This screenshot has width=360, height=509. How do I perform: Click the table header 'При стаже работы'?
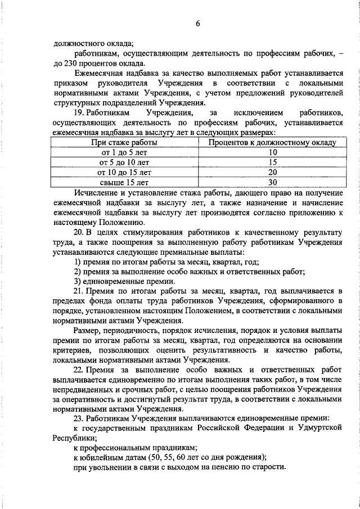point(124,143)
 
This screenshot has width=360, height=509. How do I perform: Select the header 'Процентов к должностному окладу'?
point(272,143)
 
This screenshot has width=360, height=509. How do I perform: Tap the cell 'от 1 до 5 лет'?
point(124,152)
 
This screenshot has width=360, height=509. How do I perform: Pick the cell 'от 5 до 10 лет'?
point(124,162)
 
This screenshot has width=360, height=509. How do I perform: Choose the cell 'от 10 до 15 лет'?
point(124,172)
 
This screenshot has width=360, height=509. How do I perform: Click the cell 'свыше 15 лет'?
point(124,182)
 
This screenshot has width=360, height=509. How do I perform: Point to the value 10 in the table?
point(273,152)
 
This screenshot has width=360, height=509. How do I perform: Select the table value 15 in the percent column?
point(273,162)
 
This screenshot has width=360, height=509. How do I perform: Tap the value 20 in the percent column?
point(273,172)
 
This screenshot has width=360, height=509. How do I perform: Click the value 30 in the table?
point(273,182)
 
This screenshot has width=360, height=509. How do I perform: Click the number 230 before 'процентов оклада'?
point(71,62)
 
